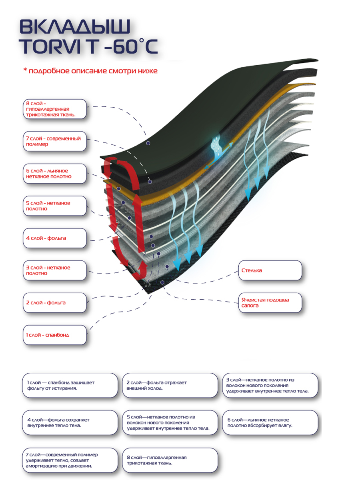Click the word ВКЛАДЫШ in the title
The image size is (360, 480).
[75, 27]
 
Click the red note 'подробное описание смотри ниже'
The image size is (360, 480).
[90, 71]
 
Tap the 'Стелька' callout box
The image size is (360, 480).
[270, 270]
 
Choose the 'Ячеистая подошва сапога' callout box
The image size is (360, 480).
[270, 303]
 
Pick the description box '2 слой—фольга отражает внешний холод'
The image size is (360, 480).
[170, 385]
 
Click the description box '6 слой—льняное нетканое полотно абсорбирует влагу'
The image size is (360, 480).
[270, 423]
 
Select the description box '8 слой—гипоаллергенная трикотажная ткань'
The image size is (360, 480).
[170, 460]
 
